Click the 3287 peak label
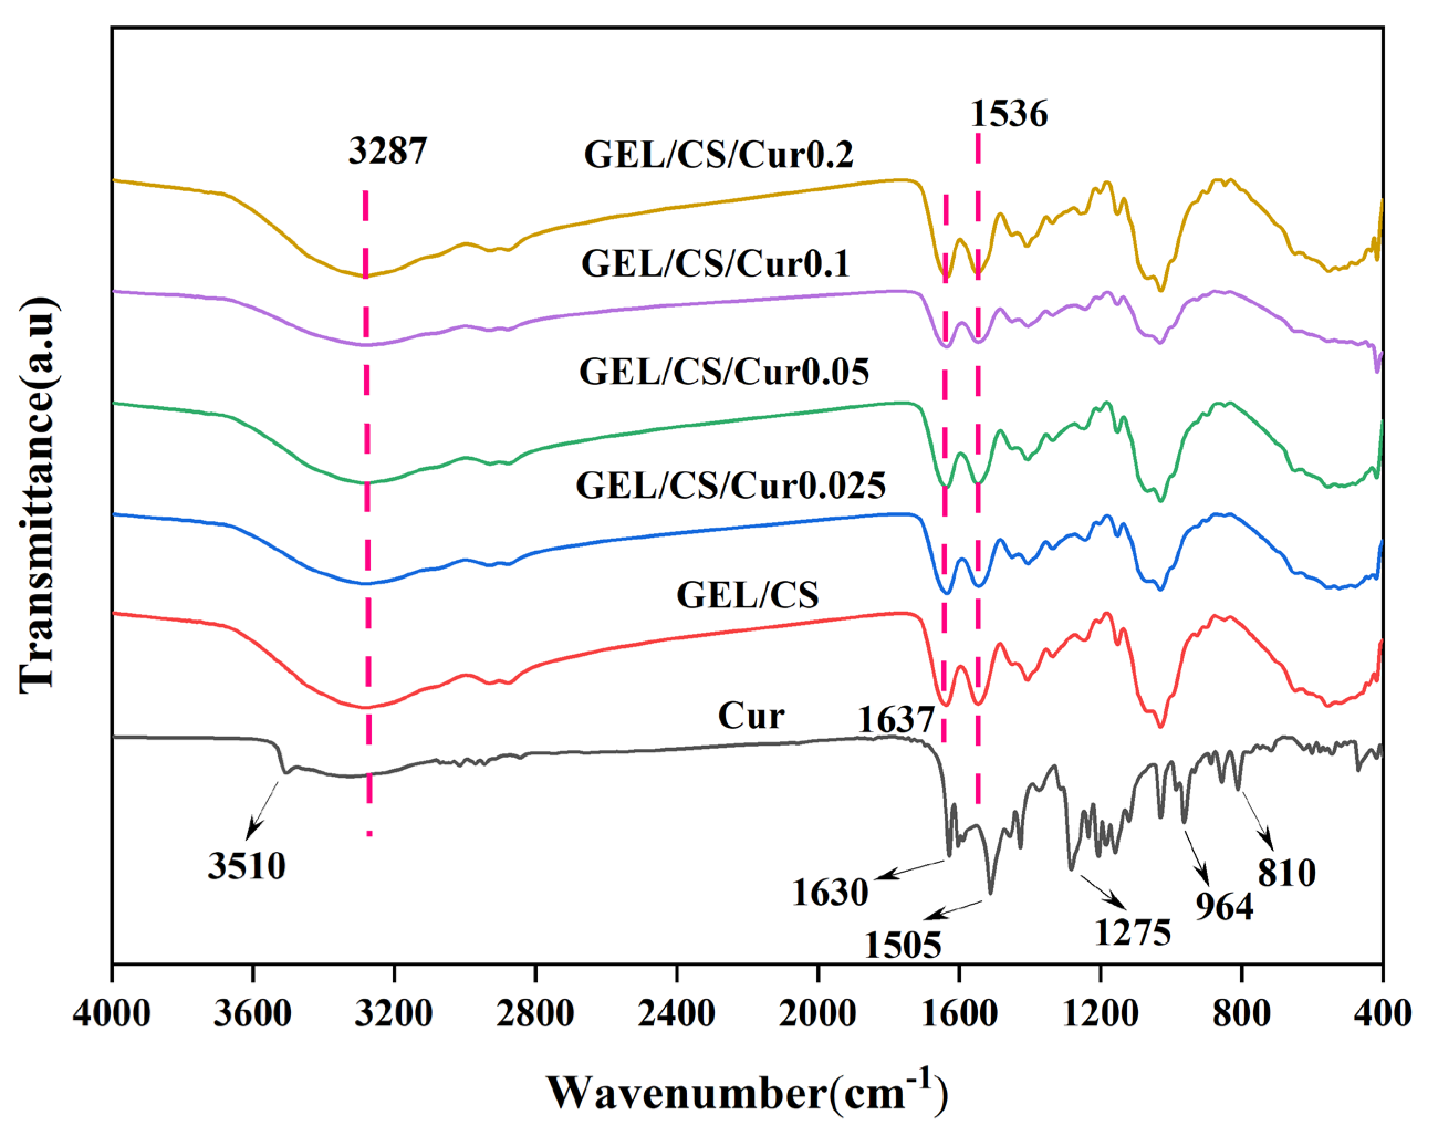pyautogui.click(x=387, y=151)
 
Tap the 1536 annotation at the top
pyautogui.click(x=1008, y=114)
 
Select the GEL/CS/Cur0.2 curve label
pyautogui.click(x=718, y=155)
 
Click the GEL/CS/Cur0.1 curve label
pyautogui.click(x=715, y=264)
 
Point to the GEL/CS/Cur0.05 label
pyautogui.click(x=723, y=372)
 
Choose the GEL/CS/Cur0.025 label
pyautogui.click(x=730, y=485)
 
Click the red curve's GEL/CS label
pyautogui.click(x=747, y=595)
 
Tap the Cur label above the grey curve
pyautogui.click(x=751, y=716)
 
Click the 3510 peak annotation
pyautogui.click(x=247, y=866)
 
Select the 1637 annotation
pyautogui.click(x=895, y=720)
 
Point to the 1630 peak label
pyautogui.click(x=830, y=893)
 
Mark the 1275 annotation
pyautogui.click(x=1132, y=932)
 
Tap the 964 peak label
pyautogui.click(x=1224, y=906)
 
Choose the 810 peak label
pyautogui.click(x=1286, y=873)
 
